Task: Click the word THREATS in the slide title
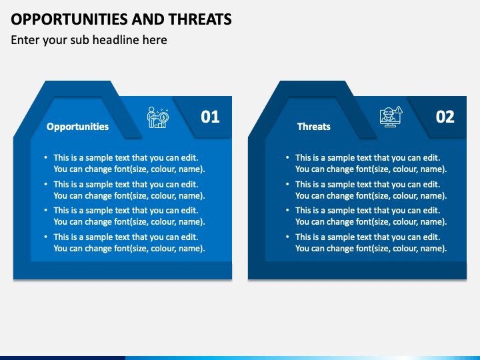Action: point(200,19)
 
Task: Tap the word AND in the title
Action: point(148,19)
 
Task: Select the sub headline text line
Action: point(89,40)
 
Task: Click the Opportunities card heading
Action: point(77,127)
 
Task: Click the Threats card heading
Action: point(314,127)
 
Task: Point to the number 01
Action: point(210,117)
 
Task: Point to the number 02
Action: point(445,117)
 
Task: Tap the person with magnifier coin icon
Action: point(157,117)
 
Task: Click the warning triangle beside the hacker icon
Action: point(399,110)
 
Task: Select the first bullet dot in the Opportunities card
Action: point(46,157)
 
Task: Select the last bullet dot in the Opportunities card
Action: point(46,237)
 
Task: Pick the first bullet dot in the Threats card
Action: point(287,157)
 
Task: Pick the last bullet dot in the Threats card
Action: point(287,237)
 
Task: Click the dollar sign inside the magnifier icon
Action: point(164,117)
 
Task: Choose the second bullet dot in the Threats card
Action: point(287,184)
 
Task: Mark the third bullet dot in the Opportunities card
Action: point(46,210)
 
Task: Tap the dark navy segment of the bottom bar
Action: point(63,358)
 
